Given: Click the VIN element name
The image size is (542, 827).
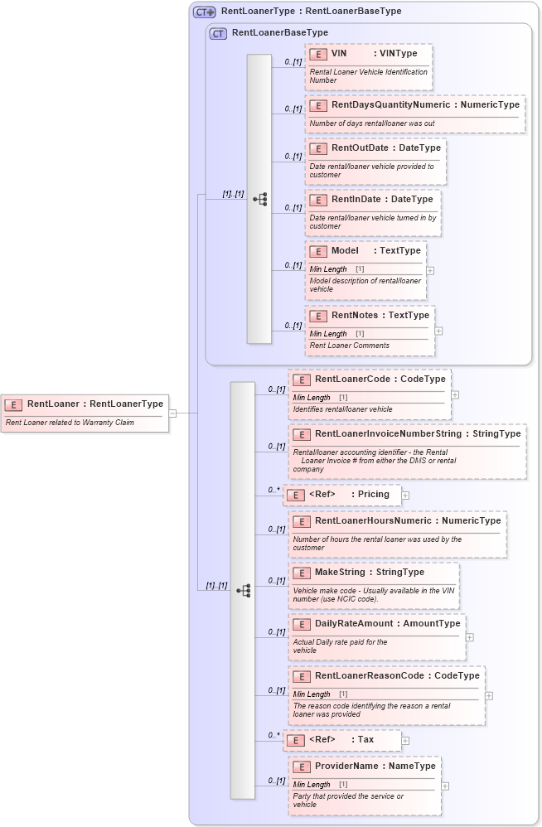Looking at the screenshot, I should point(339,53).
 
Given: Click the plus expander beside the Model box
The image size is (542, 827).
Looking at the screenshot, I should point(430,270).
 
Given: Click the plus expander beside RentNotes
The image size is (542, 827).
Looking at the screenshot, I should point(438,331).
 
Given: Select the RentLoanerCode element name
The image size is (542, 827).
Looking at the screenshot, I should point(352,379).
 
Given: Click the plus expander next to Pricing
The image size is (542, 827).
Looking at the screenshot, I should point(406,495).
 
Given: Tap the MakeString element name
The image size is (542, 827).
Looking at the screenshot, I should point(341,572).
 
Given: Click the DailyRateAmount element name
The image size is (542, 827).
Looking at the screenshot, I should point(354,623).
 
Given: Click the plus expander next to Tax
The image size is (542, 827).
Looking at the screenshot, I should point(405,740).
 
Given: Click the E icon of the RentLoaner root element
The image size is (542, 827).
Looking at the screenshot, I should point(13,404).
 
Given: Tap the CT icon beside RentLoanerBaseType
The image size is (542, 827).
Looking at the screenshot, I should point(219,33).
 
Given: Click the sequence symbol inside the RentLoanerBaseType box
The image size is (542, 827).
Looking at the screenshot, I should point(259,200).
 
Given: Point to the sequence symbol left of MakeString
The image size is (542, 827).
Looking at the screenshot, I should point(243,591).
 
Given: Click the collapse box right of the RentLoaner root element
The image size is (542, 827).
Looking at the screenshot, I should point(172,413).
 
